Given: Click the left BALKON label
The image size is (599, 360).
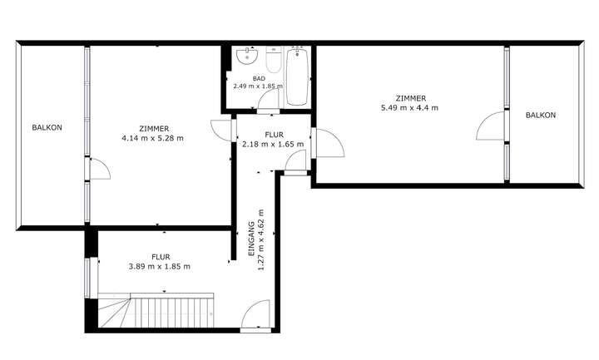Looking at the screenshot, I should click(x=47, y=127).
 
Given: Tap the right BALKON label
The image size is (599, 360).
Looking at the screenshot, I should click(x=540, y=116).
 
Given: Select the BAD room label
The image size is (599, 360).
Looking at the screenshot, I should click(x=259, y=77).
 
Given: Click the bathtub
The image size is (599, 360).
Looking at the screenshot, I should click(x=298, y=76).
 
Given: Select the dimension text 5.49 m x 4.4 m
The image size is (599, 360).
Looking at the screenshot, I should click(x=409, y=108).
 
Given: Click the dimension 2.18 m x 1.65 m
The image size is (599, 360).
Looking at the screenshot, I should click(x=272, y=144).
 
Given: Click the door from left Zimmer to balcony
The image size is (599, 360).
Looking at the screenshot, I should click(x=97, y=170).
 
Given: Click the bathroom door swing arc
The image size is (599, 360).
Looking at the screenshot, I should click(x=268, y=101).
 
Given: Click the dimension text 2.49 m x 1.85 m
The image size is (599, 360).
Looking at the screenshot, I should click(x=259, y=86).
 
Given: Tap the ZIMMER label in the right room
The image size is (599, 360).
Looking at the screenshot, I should click(x=410, y=98).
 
